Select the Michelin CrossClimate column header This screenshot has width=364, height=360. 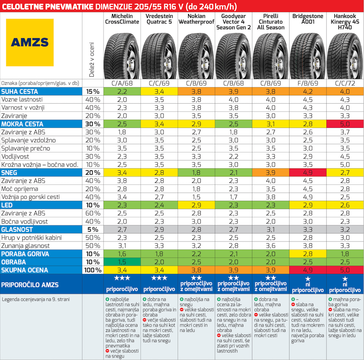pyautogui.click(x=122, y=19)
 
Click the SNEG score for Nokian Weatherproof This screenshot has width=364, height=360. pyautogui.click(x=196, y=172)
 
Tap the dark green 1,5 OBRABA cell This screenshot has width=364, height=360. pyautogui.click(x=122, y=262)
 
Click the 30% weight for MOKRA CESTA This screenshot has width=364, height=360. pyautogui.click(x=92, y=124)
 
